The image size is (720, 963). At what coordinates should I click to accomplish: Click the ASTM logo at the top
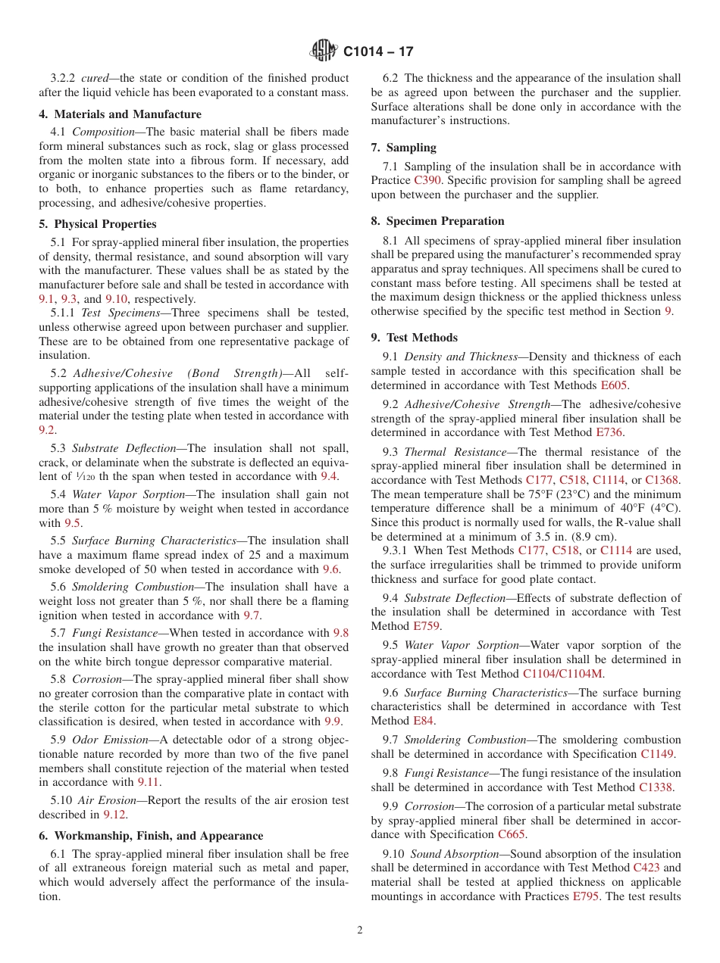point(324,51)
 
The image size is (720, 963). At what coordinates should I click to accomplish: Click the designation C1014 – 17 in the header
point(378,52)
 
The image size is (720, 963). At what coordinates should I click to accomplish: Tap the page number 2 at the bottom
point(360,930)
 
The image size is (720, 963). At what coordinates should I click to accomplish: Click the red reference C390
point(426,180)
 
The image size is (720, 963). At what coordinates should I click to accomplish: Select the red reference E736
point(609,432)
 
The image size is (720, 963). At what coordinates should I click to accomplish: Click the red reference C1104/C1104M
point(563,674)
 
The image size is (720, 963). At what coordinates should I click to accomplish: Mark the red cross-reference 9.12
point(115,815)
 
